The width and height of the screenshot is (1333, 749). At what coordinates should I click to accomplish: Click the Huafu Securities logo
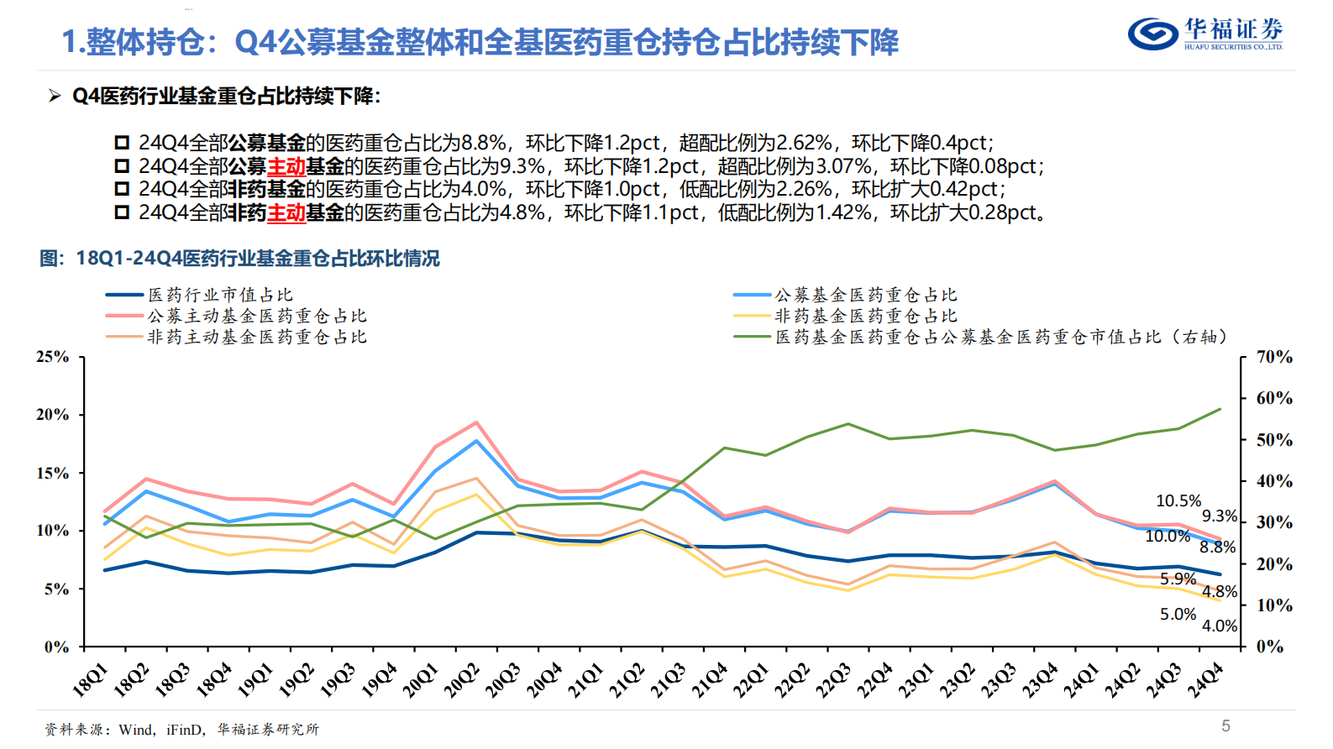tap(1204, 34)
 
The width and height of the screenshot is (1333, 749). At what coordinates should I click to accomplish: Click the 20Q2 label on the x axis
tap(463, 679)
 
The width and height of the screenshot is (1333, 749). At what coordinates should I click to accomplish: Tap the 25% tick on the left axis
tap(52, 357)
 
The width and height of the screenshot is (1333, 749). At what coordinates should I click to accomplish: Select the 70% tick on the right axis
tap(1274, 357)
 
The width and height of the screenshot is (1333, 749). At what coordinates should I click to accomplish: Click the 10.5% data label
tap(1178, 501)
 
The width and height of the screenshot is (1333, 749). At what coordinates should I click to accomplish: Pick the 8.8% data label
tap(1217, 547)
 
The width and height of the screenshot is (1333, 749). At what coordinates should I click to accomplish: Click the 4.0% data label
tap(1219, 626)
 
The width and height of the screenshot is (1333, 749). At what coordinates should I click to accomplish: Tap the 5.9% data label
tap(1178, 579)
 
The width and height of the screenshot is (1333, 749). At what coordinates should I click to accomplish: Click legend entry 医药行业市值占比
tap(220, 295)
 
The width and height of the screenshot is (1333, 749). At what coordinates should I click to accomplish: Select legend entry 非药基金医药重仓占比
tap(865, 316)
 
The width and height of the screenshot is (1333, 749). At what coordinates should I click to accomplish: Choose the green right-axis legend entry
tap(1000, 337)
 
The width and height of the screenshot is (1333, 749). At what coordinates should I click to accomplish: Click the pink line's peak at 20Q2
tap(476, 422)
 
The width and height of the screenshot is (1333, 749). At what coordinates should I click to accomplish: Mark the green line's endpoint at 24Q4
tap(1220, 409)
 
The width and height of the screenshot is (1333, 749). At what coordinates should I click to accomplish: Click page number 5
tap(1225, 725)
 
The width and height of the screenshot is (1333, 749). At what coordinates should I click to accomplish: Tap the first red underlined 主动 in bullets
tap(286, 166)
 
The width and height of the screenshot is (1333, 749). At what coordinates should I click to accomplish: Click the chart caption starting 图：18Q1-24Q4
tap(239, 259)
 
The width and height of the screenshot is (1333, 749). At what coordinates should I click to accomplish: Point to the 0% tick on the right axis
tap(1269, 647)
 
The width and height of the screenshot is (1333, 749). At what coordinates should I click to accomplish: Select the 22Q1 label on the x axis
tap(752, 679)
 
